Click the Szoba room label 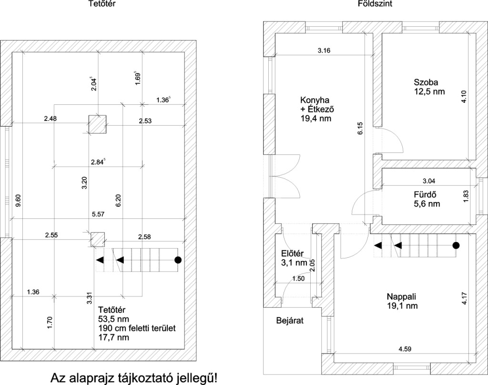click(x=426, y=82)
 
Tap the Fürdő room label click(x=425, y=195)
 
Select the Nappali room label click(x=401, y=296)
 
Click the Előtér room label click(x=292, y=253)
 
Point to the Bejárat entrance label click(x=290, y=321)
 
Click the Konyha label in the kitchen click(x=315, y=100)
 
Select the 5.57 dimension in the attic click(x=98, y=214)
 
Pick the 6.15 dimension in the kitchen click(x=360, y=128)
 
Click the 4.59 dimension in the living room click(x=405, y=349)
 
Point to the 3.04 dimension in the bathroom click(x=429, y=181)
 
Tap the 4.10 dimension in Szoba click(x=464, y=96)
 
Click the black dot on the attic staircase click(x=178, y=260)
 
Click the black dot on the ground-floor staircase click(x=456, y=245)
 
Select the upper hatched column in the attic click(x=97, y=124)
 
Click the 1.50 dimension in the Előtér click(x=299, y=279)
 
